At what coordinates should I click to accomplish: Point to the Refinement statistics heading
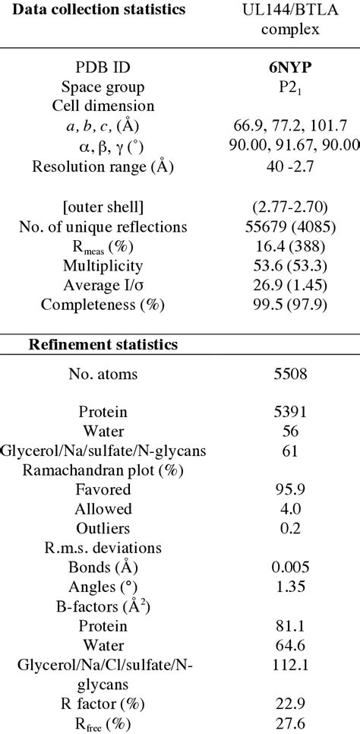pos(103,344)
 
